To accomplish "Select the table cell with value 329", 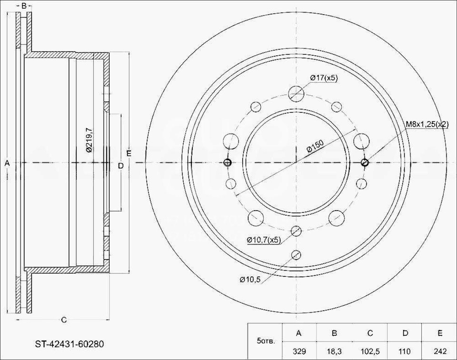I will click(299, 351).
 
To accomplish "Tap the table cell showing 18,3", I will click(334, 351).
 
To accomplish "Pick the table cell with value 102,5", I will click(370, 351).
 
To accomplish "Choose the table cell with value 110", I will click(405, 351).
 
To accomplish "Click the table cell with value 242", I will click(440, 351).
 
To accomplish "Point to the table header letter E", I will click(440, 333).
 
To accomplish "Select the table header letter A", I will click(299, 333).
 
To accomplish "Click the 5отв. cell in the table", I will click(266, 341).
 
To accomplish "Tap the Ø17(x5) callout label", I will click(324, 78).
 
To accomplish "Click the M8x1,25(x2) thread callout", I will click(427, 125).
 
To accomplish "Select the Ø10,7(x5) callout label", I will click(263, 240).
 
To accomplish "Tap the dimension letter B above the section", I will click(24, 6).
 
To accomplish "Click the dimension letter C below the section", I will click(64, 320).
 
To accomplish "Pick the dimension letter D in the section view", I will click(120, 165).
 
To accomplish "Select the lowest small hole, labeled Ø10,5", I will click(296, 254).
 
